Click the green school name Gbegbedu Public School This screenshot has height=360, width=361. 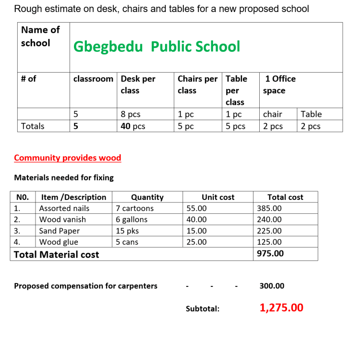[x=156, y=47]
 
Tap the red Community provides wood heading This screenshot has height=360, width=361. [x=67, y=158]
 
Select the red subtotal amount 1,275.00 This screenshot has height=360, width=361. [x=281, y=308]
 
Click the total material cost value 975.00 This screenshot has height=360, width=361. [x=270, y=253]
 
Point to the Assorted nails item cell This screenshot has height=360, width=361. [x=64, y=208]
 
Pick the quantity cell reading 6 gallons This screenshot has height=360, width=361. [x=132, y=219]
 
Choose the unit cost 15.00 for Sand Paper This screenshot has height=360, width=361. [x=196, y=231]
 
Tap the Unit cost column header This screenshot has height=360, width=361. [x=218, y=197]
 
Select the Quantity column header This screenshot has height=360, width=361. [x=147, y=197]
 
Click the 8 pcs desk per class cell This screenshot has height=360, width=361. [x=131, y=114]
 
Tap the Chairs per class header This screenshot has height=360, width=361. [x=197, y=85]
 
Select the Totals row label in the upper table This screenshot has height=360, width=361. [x=33, y=126]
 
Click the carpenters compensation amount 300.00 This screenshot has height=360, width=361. [x=272, y=286]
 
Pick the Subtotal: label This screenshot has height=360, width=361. [x=203, y=309]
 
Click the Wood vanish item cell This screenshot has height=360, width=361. [x=62, y=219]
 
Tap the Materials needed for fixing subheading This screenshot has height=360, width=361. [x=64, y=177]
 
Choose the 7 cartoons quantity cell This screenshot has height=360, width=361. [x=135, y=208]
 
